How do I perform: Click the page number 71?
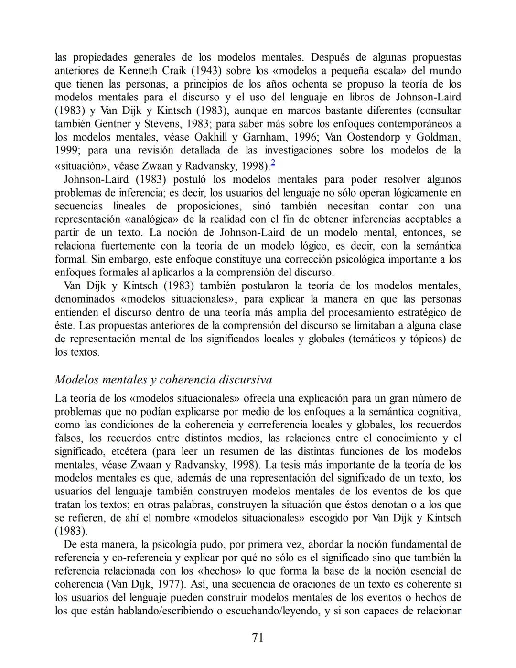(258, 637)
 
